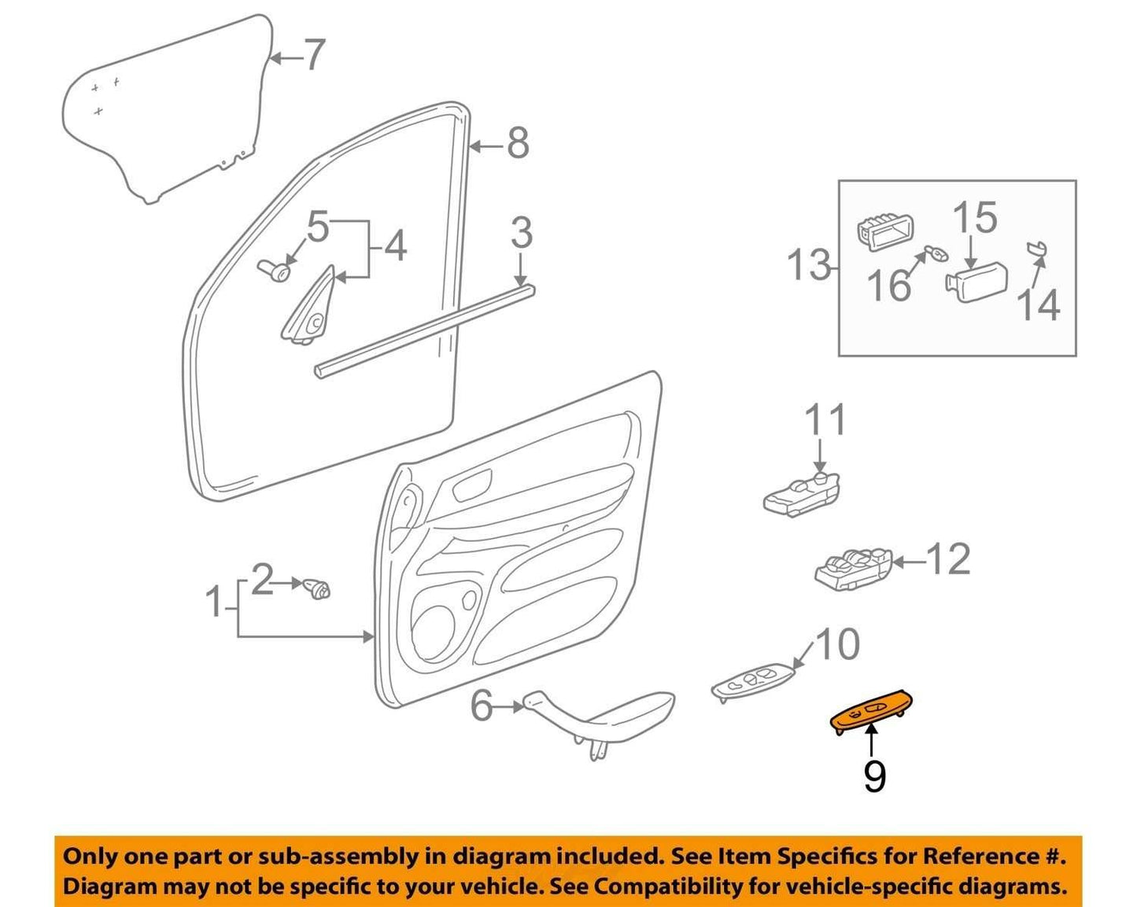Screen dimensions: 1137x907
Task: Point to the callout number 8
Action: (x=518, y=142)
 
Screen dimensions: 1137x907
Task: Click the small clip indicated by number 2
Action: (x=316, y=588)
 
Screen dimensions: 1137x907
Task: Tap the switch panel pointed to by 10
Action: (x=754, y=682)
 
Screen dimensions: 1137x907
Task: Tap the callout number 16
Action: (x=890, y=285)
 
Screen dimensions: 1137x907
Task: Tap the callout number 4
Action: (x=395, y=246)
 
